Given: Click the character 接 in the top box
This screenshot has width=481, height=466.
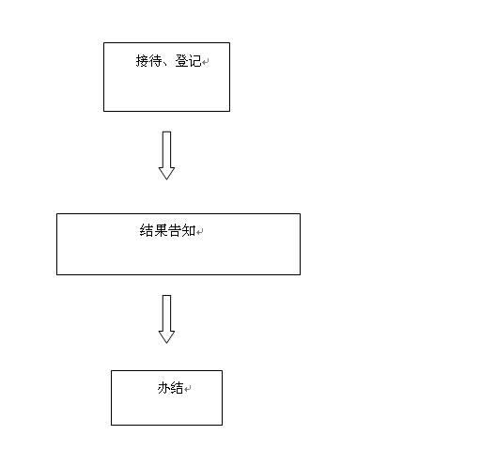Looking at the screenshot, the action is tap(142, 61).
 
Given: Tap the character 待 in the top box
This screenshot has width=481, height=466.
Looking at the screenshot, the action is tap(155, 61).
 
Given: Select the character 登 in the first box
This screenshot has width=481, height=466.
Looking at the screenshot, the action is tap(181, 61).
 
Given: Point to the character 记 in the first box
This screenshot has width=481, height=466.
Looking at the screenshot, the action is tap(194, 61).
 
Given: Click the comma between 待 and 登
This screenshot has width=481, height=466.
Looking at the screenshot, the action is tap(166, 65).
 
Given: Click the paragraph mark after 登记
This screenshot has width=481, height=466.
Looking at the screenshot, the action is tap(206, 62).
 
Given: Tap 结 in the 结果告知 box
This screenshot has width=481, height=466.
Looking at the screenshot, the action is tap(147, 230).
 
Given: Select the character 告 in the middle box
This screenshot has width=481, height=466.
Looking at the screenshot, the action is tap(175, 230).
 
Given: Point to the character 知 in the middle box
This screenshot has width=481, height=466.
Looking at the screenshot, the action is tap(189, 230).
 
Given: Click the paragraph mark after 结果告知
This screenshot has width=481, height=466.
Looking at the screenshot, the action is tap(200, 232).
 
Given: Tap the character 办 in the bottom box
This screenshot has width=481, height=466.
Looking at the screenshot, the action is tap(163, 388).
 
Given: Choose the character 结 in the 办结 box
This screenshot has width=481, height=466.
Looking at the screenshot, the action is tap(177, 388).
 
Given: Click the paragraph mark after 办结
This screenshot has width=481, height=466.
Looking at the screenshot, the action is tap(188, 389).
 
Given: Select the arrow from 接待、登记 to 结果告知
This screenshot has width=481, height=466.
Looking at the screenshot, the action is tap(166, 156).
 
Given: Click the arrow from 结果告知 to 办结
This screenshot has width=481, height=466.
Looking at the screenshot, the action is tap(166, 319).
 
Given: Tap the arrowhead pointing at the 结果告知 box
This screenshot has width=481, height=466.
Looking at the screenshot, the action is tap(166, 174).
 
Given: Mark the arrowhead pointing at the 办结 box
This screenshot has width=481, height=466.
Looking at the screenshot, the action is tap(166, 337).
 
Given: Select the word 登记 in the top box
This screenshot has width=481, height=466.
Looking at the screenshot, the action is tap(188, 61).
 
